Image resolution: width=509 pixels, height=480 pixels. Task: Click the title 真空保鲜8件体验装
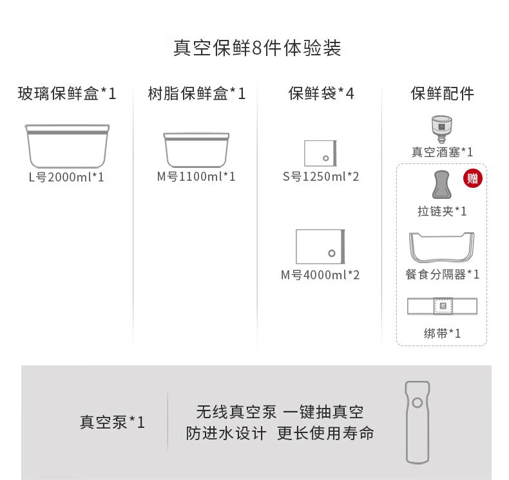point(257,48)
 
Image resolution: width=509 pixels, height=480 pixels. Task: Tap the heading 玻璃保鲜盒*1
point(67,94)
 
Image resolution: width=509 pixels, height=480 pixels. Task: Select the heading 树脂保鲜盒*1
point(197,94)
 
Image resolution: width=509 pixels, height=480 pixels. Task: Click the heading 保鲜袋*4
point(321,94)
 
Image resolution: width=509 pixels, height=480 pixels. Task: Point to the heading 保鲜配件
point(442,94)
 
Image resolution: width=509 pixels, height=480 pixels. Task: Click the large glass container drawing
point(67,145)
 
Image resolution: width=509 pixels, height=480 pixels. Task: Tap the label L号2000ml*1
point(67,176)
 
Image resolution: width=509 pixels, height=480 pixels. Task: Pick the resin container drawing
point(197,149)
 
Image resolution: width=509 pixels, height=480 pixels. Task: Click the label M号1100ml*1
point(197,176)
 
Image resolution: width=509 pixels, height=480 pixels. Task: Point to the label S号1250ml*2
point(321,176)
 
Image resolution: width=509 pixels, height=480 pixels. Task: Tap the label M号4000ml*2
point(321,275)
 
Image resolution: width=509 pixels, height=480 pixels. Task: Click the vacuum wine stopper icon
point(442,127)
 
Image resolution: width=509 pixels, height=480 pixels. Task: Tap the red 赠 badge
point(472,178)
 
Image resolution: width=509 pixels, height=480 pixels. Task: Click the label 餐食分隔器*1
point(442,274)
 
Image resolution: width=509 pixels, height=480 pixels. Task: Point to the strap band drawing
point(442,306)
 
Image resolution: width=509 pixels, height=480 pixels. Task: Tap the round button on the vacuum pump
point(417,403)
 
